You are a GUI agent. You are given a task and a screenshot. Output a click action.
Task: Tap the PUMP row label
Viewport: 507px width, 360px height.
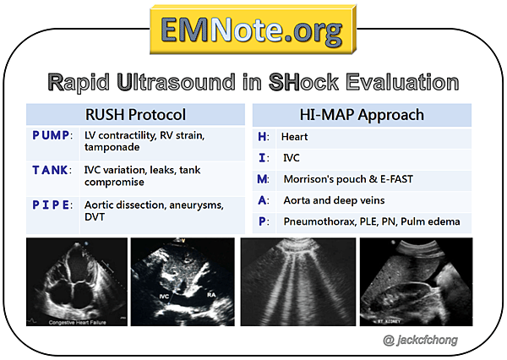click(x=52, y=136)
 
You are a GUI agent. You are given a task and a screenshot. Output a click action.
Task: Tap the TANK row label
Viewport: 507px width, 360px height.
click(x=52, y=170)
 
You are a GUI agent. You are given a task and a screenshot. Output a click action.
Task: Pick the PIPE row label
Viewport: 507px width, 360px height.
click(x=52, y=205)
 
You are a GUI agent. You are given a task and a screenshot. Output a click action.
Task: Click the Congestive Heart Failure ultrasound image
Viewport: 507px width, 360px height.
click(x=76, y=281)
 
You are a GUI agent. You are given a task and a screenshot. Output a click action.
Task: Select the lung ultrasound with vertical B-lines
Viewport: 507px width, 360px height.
click(x=297, y=281)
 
